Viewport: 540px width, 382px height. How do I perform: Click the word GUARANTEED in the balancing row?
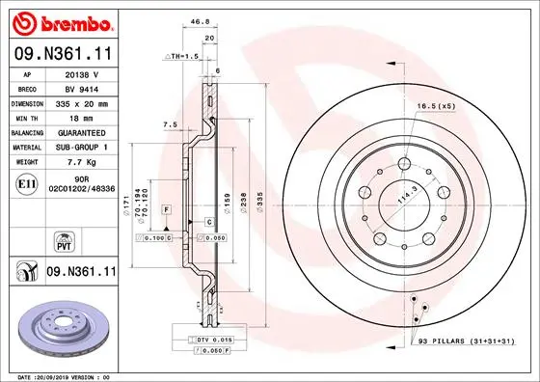point(87,131)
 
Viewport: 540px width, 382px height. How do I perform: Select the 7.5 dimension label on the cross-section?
point(170,123)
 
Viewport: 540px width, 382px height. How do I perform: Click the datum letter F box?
point(167,208)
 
